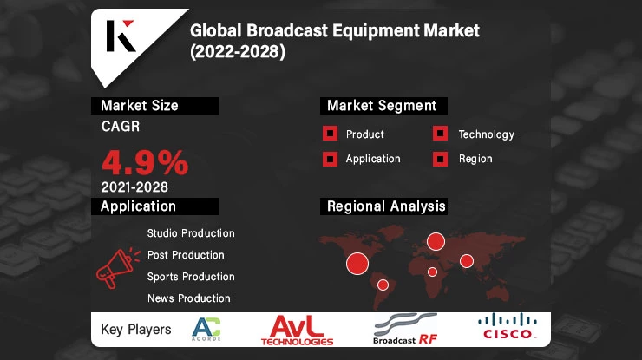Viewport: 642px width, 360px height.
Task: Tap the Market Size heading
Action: click(140, 106)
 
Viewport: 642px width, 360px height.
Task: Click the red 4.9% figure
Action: click(145, 161)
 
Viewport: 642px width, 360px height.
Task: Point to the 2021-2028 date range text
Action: click(134, 187)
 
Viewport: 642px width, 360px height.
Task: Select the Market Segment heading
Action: click(381, 106)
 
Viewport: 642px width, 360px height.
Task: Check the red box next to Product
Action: click(330, 134)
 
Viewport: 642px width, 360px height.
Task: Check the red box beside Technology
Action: click(441, 134)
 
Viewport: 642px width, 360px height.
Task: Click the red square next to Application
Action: click(330, 159)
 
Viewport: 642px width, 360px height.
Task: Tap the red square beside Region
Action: click(441, 159)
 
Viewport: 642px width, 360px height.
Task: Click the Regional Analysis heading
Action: click(386, 206)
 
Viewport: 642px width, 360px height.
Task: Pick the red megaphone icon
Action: click(116, 266)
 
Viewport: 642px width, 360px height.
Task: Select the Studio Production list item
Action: click(191, 233)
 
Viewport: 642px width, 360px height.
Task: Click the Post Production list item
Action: click(186, 255)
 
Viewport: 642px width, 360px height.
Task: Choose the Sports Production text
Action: click(191, 277)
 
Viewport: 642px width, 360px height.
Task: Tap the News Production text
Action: click(188, 298)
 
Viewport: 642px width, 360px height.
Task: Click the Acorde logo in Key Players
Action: click(206, 330)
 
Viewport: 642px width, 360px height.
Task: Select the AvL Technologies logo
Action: click(297, 330)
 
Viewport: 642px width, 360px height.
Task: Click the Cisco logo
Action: click(508, 328)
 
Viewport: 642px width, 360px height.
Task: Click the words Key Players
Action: click(136, 330)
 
